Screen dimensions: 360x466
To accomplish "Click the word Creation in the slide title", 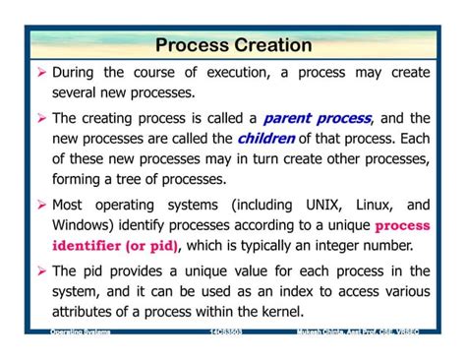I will coord(272,45).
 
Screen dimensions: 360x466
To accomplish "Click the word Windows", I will coord(83,225).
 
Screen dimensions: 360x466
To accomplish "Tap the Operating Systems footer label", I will coord(81,333).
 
